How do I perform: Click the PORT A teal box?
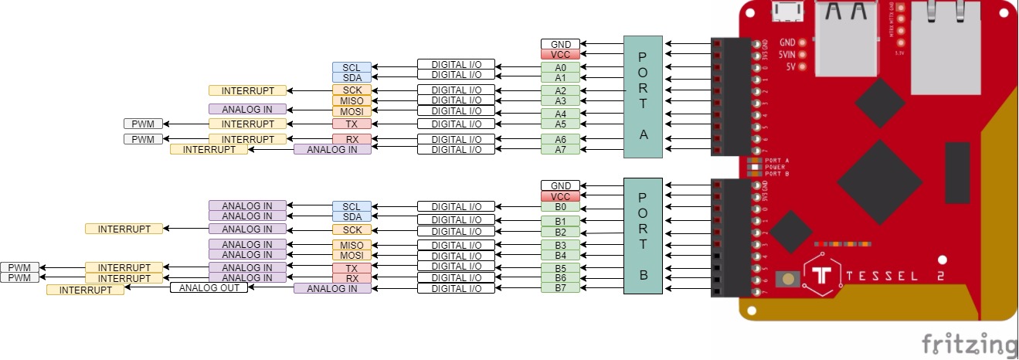click(643, 97)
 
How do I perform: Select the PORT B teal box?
click(643, 236)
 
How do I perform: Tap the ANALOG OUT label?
click(209, 287)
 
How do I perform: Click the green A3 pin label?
click(561, 100)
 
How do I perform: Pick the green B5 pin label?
click(561, 268)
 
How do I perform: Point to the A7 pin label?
click(561, 149)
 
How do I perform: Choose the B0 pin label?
click(561, 207)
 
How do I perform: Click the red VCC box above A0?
click(561, 55)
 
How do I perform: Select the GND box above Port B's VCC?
click(561, 186)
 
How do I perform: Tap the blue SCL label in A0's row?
click(352, 67)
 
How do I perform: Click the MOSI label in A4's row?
click(352, 111)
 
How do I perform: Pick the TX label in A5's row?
click(352, 124)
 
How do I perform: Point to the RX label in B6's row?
click(352, 278)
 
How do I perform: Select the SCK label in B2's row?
click(352, 229)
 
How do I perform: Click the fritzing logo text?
click(969, 343)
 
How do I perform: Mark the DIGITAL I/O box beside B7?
click(456, 288)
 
